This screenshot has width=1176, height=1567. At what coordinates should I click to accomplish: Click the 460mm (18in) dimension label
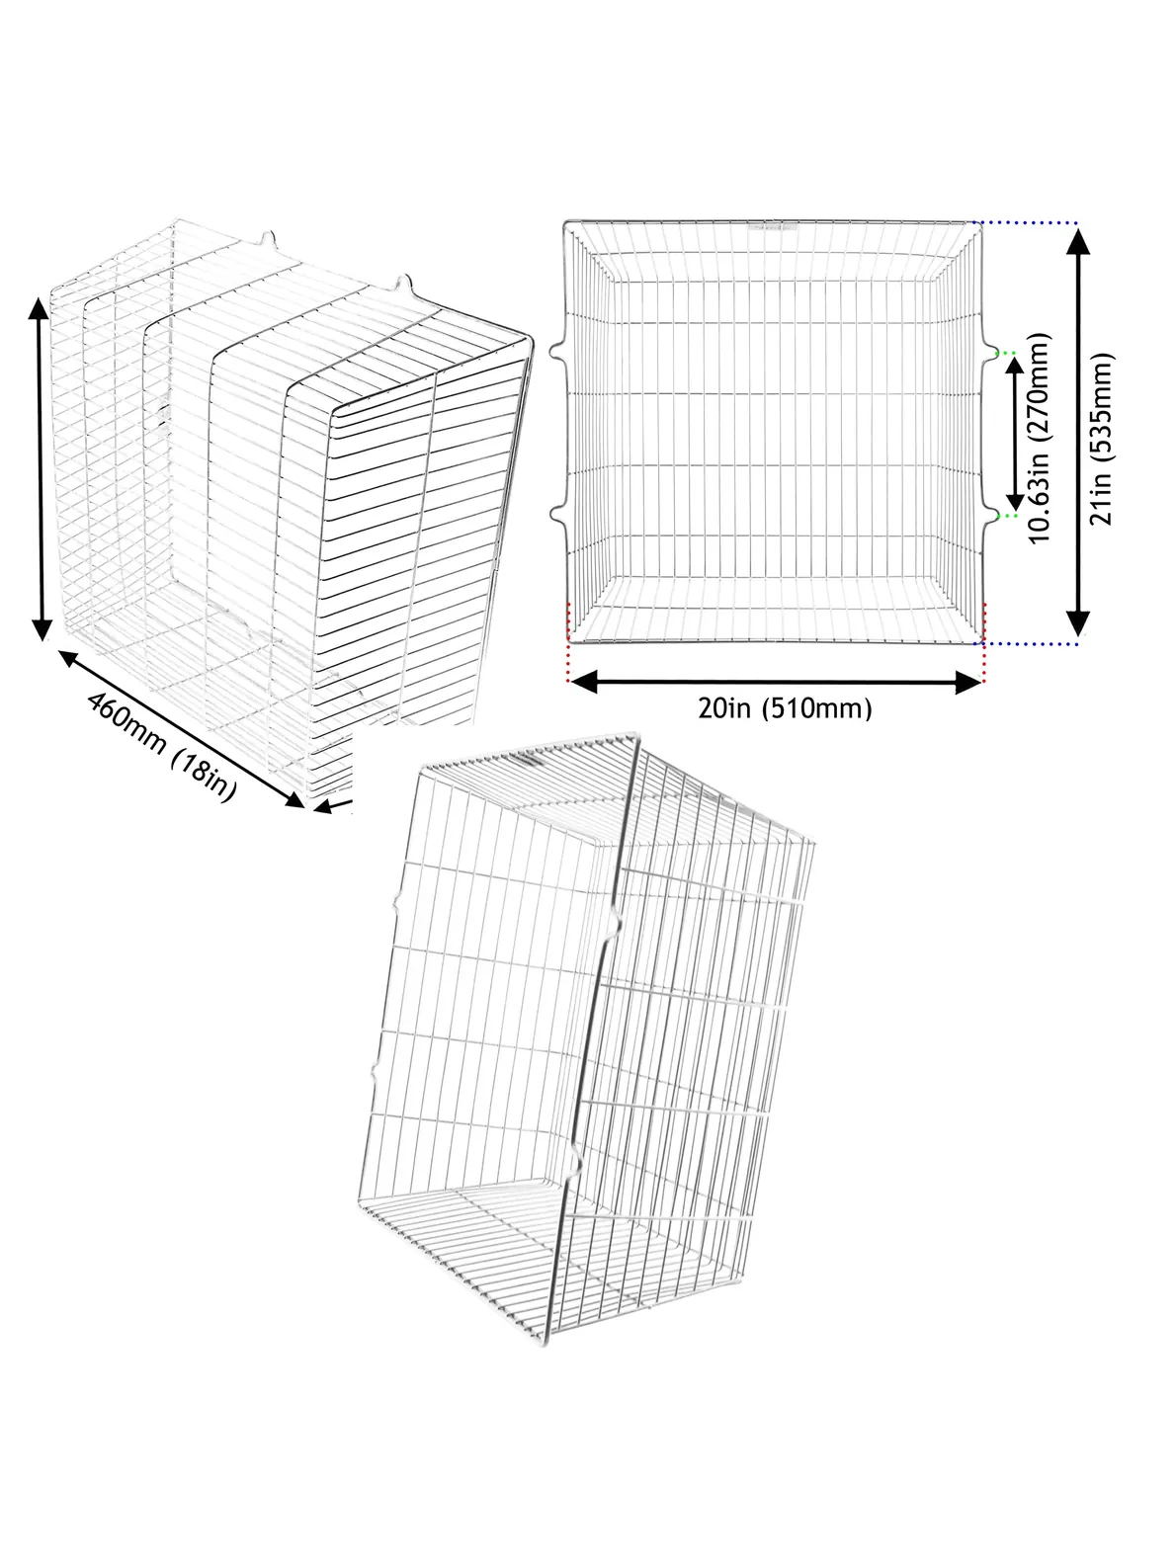tap(161, 747)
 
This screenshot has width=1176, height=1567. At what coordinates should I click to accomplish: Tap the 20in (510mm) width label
tap(785, 708)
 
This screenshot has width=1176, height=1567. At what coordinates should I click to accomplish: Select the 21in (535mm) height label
tap(1101, 439)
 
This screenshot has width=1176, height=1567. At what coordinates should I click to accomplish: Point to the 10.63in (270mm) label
tap(1040, 439)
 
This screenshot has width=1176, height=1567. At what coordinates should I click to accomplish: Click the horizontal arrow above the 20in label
tap(776, 683)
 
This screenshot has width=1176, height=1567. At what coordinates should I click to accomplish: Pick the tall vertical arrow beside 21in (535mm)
tap(1077, 434)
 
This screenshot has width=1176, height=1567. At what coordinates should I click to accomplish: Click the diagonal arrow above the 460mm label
tap(182, 729)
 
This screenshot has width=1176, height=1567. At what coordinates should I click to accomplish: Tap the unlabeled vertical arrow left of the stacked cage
tap(42, 469)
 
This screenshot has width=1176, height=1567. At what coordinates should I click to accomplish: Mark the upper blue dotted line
tap(1028, 222)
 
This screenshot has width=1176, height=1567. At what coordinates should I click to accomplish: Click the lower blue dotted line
tap(1028, 644)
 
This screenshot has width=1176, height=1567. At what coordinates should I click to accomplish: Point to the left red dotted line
tap(568, 642)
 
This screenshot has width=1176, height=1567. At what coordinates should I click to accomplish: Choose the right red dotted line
tap(984, 642)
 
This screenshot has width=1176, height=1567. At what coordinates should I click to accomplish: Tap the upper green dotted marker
tap(1007, 353)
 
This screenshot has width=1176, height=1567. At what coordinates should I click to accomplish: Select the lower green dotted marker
tap(1007, 515)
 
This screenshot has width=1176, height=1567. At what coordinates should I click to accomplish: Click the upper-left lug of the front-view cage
tap(557, 351)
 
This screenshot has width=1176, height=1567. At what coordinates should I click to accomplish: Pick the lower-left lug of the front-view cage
tap(557, 514)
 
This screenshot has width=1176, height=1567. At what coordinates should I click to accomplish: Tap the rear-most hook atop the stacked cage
tap(267, 239)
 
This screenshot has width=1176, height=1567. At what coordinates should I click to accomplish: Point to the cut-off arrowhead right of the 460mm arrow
tap(333, 805)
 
